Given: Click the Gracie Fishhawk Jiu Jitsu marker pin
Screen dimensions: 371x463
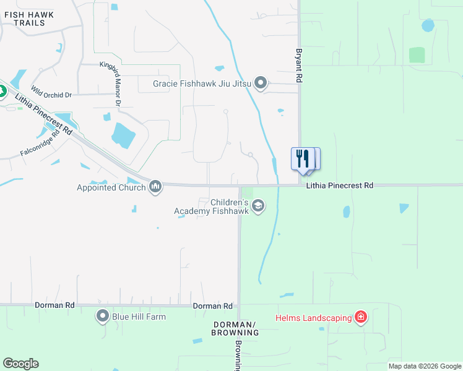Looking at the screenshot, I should (261, 83).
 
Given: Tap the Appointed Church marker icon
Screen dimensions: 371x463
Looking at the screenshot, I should (155, 187).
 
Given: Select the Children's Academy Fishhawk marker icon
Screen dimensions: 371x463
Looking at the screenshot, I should (257, 207).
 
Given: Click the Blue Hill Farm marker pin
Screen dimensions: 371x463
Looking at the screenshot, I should (102, 317).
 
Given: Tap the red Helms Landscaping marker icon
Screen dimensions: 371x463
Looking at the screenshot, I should (361, 318).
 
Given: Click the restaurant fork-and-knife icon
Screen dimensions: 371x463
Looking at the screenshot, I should (302, 158).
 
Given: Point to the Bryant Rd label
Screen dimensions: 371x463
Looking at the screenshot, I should (299, 66).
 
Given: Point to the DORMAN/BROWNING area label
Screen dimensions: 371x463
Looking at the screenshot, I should (235, 328).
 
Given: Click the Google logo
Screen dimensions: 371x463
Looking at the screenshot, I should (20, 364).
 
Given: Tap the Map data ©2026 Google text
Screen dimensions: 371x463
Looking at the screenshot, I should (424, 366).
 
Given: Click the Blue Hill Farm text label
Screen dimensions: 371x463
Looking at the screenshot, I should (139, 317).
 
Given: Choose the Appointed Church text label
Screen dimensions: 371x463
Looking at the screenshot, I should (111, 187).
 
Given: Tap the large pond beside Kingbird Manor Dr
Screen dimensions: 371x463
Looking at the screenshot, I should (124, 135).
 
